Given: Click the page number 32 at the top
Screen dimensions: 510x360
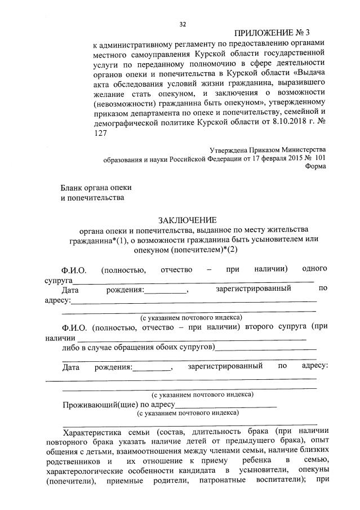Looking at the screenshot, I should tap(182, 24).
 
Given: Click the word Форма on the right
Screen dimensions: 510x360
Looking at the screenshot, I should tap(314, 166).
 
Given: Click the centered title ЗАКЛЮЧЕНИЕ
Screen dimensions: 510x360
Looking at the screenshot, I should tap(186, 220).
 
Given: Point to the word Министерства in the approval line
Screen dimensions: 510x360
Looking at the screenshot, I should tap(299, 150).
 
